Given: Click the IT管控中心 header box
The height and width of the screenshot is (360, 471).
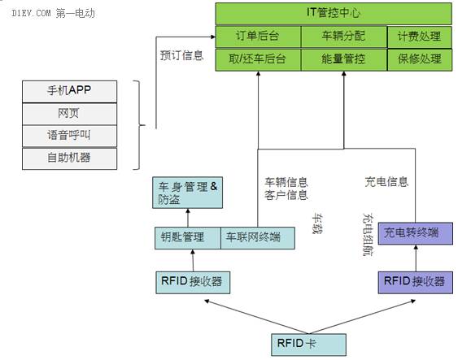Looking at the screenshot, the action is (334, 14).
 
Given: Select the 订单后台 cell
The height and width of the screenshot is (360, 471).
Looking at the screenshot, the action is (258, 37).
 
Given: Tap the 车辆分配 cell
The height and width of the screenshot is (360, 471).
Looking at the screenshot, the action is (344, 37).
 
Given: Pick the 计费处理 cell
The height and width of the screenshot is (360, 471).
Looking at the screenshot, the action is (420, 37).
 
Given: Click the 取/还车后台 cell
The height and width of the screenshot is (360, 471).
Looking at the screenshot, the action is (258, 59).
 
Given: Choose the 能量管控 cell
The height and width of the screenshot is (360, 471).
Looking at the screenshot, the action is (344, 59).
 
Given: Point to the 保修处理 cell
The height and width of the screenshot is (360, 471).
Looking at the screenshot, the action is (420, 59).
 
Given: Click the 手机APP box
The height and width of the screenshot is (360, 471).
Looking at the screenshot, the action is (69, 92).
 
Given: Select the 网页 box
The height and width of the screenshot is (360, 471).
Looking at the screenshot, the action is (69, 114).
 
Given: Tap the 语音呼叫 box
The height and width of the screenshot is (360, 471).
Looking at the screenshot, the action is (69, 137).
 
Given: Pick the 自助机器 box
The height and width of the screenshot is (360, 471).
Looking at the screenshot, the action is (69, 158).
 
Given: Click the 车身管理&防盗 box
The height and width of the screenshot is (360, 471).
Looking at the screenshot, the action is (187, 193).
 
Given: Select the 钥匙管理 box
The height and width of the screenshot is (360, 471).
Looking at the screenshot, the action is (188, 238).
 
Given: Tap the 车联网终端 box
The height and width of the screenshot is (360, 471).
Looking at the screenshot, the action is (258, 238).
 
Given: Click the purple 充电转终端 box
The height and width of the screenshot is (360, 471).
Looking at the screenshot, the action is (415, 233).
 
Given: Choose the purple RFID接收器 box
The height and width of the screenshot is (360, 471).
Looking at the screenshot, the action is (415, 282).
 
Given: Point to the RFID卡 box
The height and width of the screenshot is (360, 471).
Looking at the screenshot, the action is (308, 345).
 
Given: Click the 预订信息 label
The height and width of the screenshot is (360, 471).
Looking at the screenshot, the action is (181, 55).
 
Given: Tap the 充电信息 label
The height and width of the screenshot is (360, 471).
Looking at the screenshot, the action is (386, 182).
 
